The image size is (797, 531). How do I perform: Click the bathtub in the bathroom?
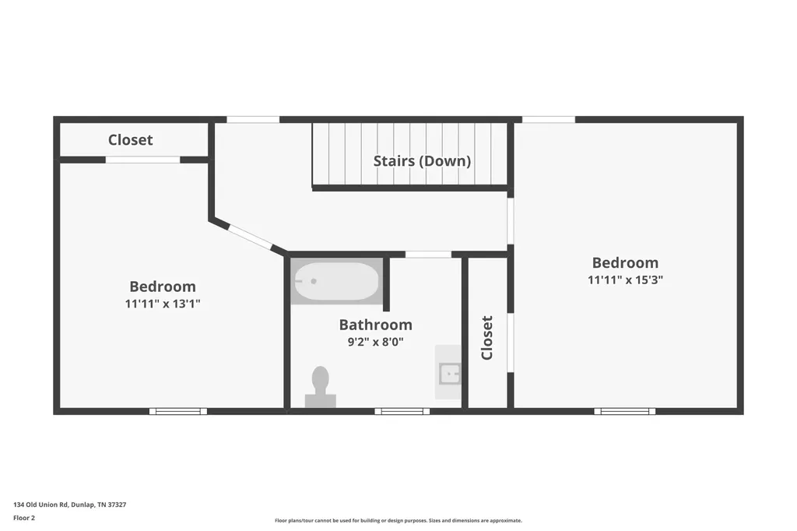pyautogui.click(x=337, y=281)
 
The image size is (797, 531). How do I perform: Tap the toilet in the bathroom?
pyautogui.click(x=320, y=386)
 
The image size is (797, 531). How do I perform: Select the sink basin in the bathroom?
pyautogui.click(x=450, y=375)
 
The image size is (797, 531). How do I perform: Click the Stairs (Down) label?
pyautogui.click(x=422, y=161)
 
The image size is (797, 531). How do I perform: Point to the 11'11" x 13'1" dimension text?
pyautogui.click(x=163, y=304)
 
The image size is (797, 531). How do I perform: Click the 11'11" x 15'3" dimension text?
pyautogui.click(x=625, y=280)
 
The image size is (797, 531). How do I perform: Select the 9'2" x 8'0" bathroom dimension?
pyautogui.click(x=376, y=342)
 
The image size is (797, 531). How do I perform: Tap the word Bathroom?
pyautogui.click(x=376, y=325)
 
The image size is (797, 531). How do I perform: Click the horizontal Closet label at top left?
pyautogui.click(x=131, y=140)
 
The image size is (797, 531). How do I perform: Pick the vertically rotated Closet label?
pyautogui.click(x=487, y=338)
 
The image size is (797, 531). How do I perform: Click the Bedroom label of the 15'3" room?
pyautogui.click(x=625, y=262)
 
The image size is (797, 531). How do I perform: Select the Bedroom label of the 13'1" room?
pyautogui.click(x=163, y=287)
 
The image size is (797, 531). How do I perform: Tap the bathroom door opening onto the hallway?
pyautogui.click(x=428, y=255)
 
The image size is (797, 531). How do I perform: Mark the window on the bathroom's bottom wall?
pyautogui.click(x=402, y=411)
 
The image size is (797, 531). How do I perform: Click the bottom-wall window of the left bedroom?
pyautogui.click(x=178, y=411)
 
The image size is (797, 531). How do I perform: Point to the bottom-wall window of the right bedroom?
pyautogui.click(x=625, y=411)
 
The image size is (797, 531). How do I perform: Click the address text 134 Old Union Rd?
pyautogui.click(x=40, y=505)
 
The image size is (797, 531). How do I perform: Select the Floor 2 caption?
pyautogui.click(x=24, y=518)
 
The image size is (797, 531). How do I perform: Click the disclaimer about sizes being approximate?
pyautogui.click(x=398, y=520)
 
